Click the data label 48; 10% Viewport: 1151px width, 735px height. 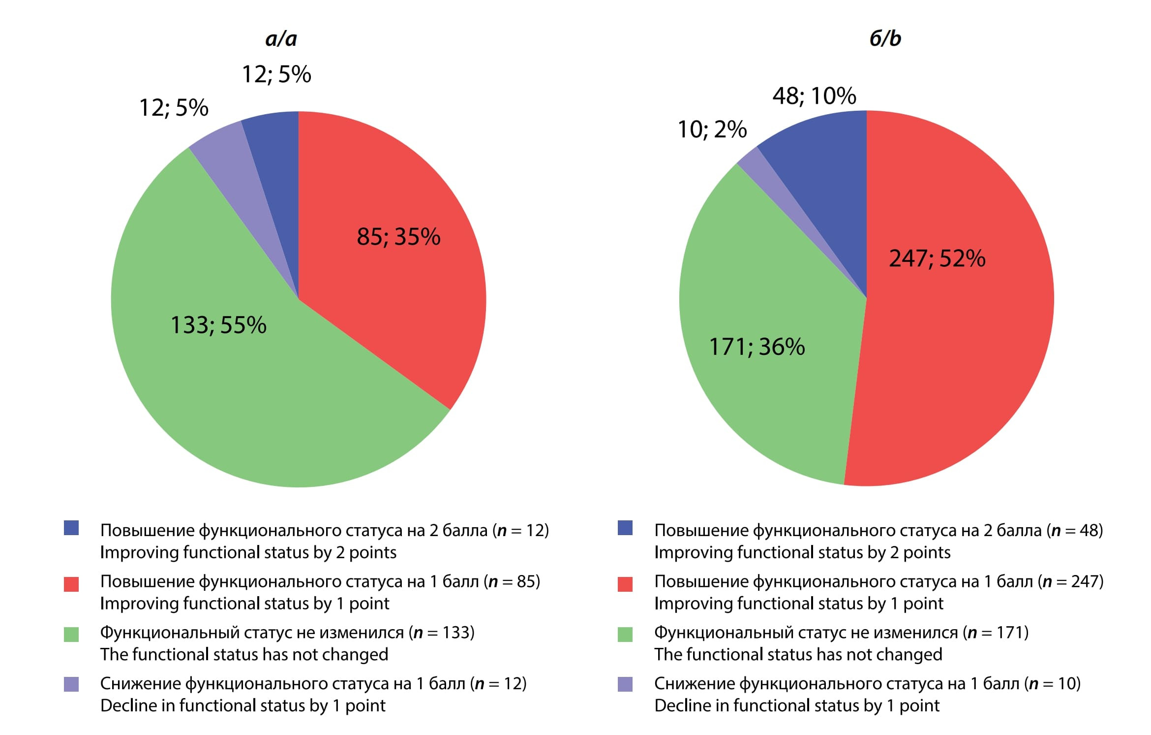click(814, 96)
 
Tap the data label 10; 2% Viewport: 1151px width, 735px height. click(712, 129)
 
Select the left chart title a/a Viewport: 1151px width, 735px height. click(281, 38)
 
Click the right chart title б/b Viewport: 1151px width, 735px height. click(885, 38)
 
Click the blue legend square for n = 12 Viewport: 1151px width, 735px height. click(71, 528)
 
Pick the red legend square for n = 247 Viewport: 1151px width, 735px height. click(625, 584)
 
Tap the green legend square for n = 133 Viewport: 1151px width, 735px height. click(71, 634)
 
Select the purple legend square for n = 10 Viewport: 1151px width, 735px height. click(625, 684)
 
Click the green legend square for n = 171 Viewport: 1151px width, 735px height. click(625, 634)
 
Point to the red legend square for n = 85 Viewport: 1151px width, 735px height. click(71, 584)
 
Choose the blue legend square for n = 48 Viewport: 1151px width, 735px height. click(625, 528)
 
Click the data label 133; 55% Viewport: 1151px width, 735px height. click(218, 325)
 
